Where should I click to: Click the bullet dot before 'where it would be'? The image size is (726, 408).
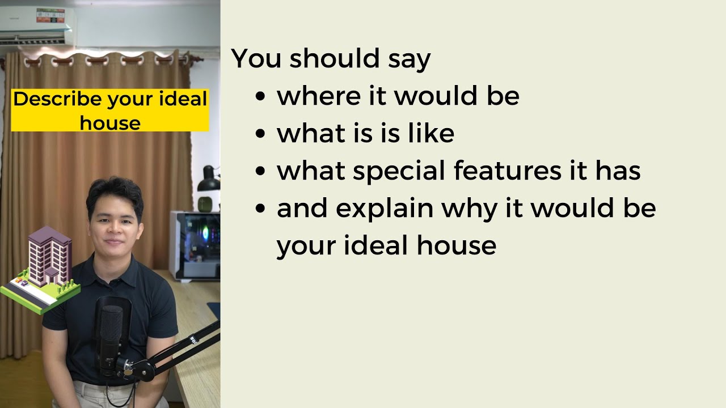coord(260,97)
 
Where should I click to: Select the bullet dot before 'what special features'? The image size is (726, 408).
coord(260,172)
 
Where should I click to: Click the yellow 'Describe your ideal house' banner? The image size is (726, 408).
coord(110,110)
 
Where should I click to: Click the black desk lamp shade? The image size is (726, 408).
coord(209,181)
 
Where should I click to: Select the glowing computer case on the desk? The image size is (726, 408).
coord(196,245)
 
